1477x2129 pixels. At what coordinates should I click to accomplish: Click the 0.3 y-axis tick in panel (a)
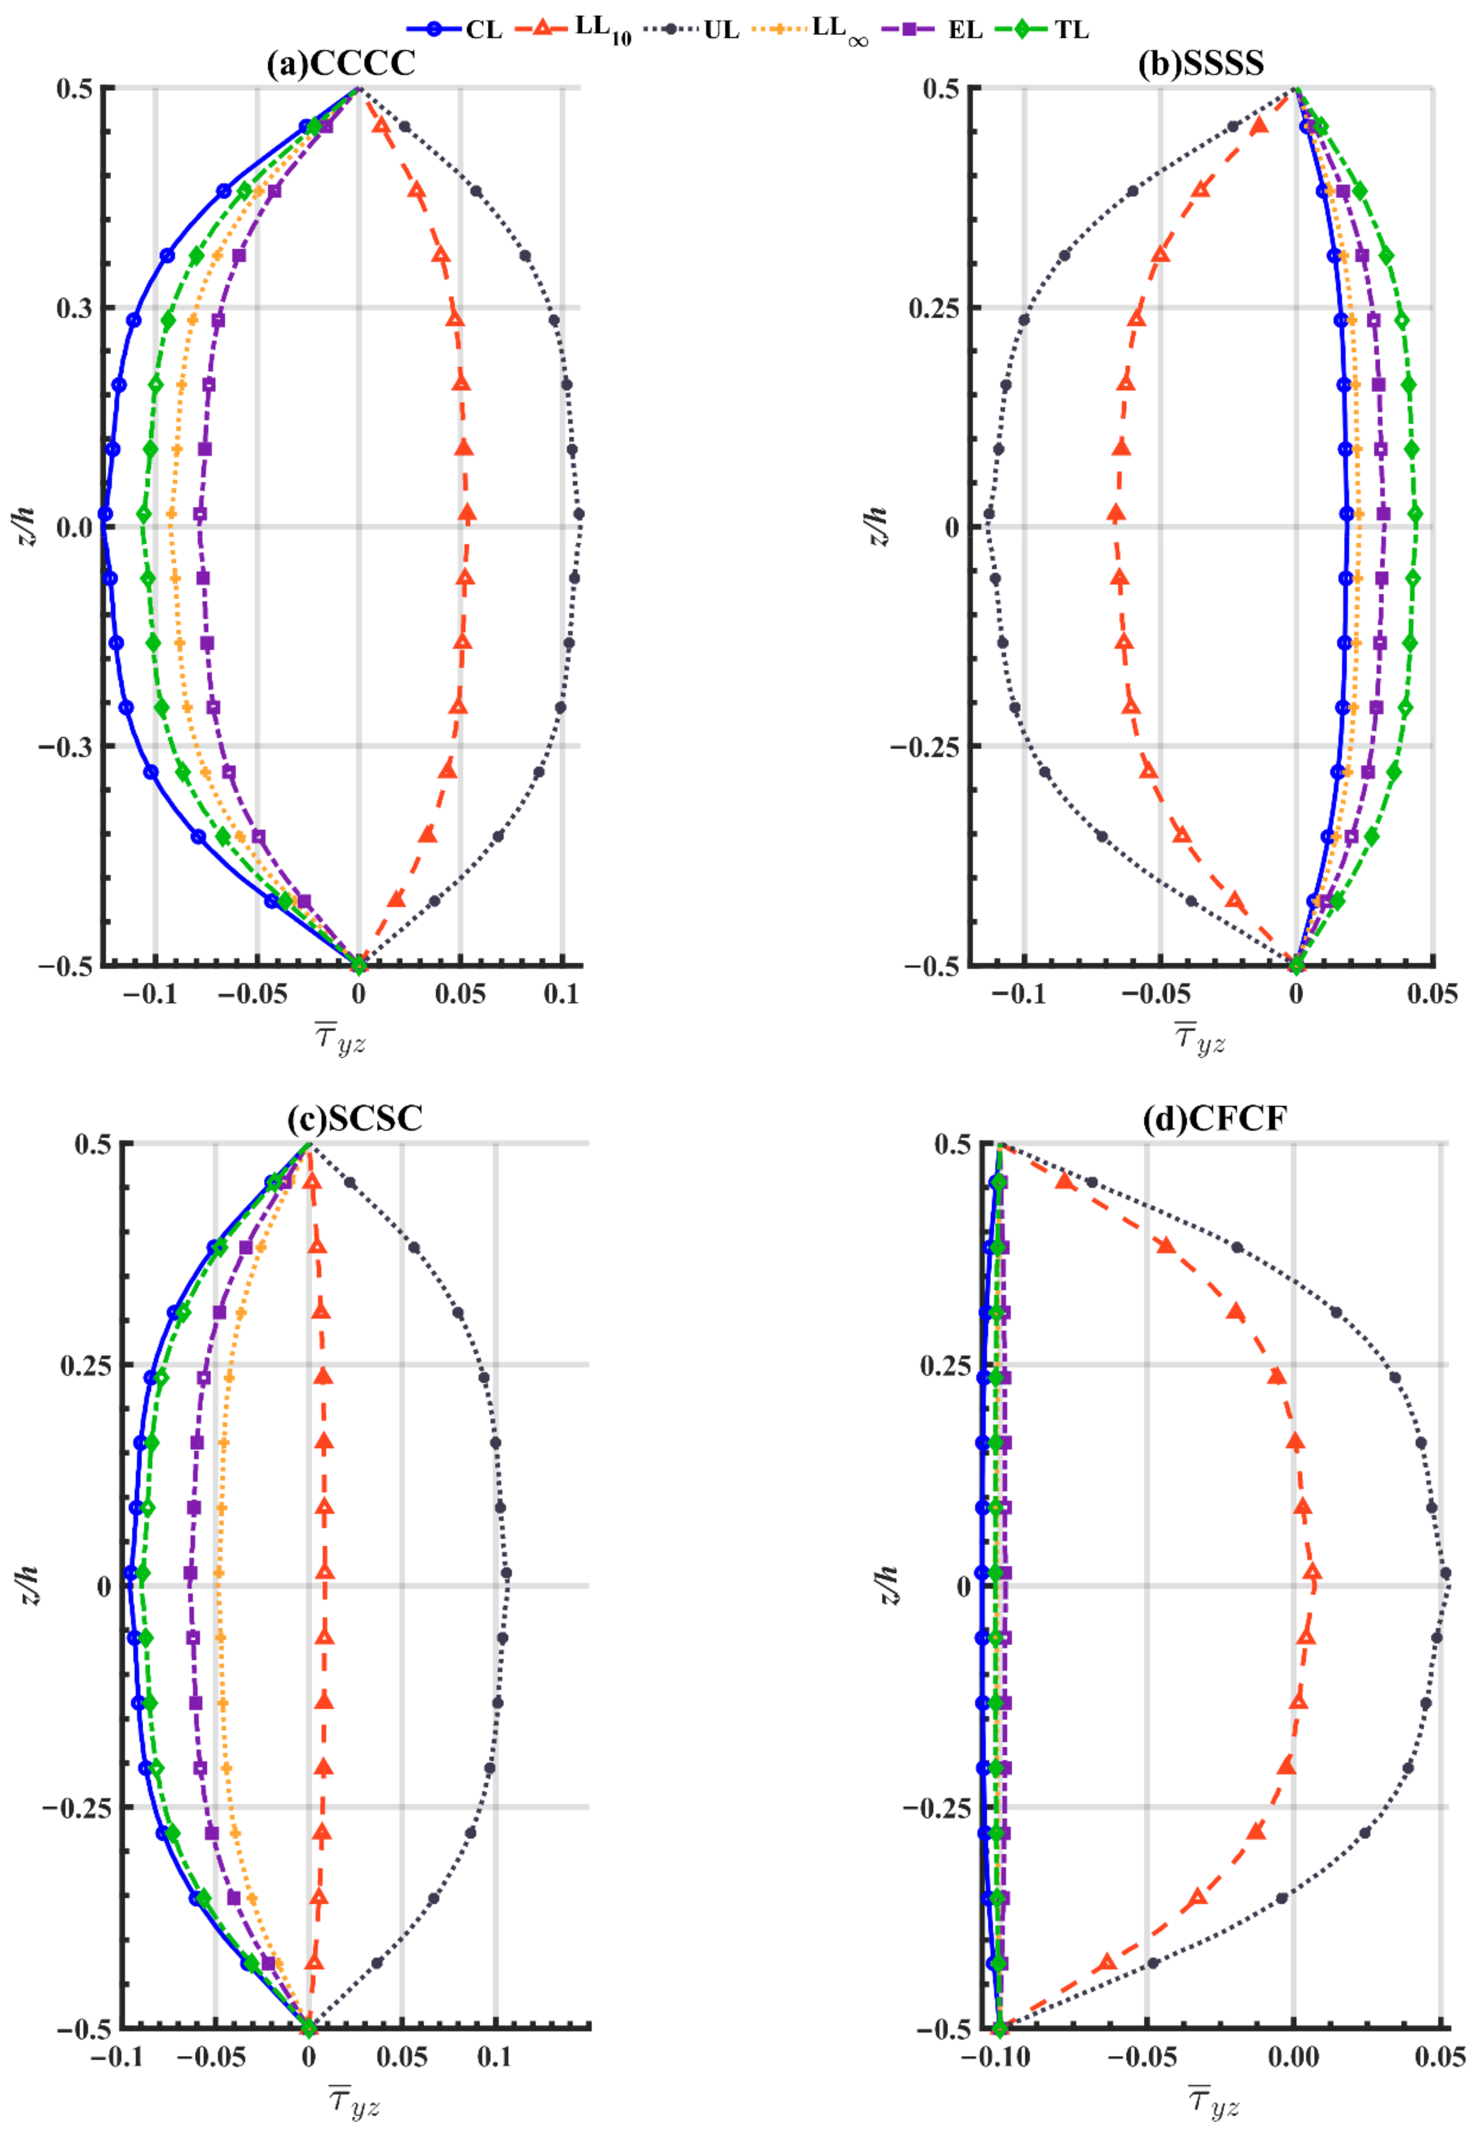coord(74,308)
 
